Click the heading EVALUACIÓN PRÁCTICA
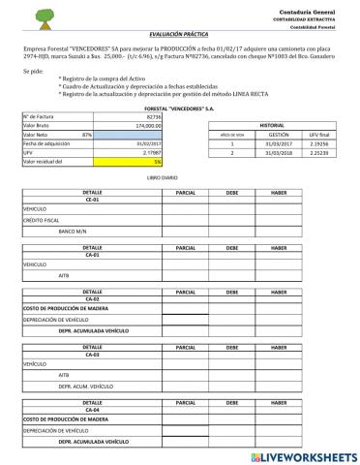coord(180,33)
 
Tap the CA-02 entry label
coord(92,299)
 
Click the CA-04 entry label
coord(92,410)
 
